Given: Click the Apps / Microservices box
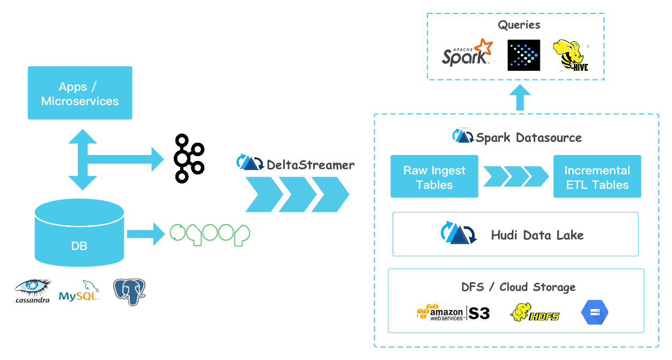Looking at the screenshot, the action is pos(80,93).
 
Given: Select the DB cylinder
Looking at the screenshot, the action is pos(79,232).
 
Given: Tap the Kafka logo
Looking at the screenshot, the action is pos(189,158).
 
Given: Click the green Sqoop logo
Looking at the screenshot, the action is pos(210,234).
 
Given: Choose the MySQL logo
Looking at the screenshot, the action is pos(79,291).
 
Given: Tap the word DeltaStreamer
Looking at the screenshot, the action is pos(311,165).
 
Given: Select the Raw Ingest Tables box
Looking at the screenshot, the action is pos(434,177).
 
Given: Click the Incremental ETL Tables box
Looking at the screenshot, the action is pos(597,177).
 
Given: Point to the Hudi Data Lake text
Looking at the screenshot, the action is pos(537,235).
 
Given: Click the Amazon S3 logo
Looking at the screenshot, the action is pos(453,312).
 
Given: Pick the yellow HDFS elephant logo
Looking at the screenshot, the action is pos(534,313).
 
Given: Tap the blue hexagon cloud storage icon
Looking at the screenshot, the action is pos(595,312).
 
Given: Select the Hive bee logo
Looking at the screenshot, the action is pos(570,55).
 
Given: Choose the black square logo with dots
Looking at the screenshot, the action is pos(524,55).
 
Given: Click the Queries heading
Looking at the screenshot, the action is pos(519,25).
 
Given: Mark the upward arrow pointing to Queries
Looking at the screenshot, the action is pos(520,97).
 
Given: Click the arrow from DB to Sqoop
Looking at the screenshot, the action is pos(146,234).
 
